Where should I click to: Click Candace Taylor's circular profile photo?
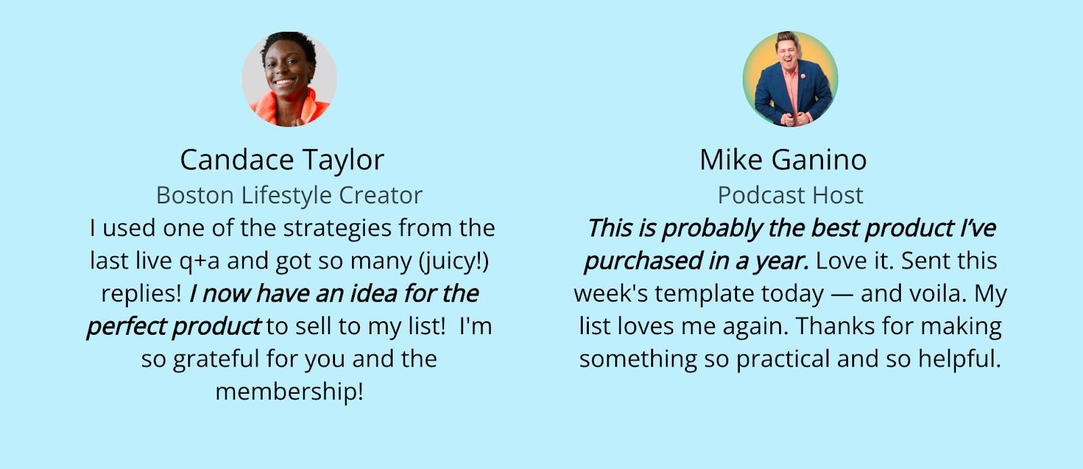tap(289, 79)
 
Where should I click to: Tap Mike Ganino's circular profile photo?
tap(790, 79)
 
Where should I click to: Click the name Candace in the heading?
tap(236, 160)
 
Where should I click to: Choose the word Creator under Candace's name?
tap(380, 195)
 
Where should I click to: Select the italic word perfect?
tap(127, 327)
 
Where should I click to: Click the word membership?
tap(289, 392)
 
